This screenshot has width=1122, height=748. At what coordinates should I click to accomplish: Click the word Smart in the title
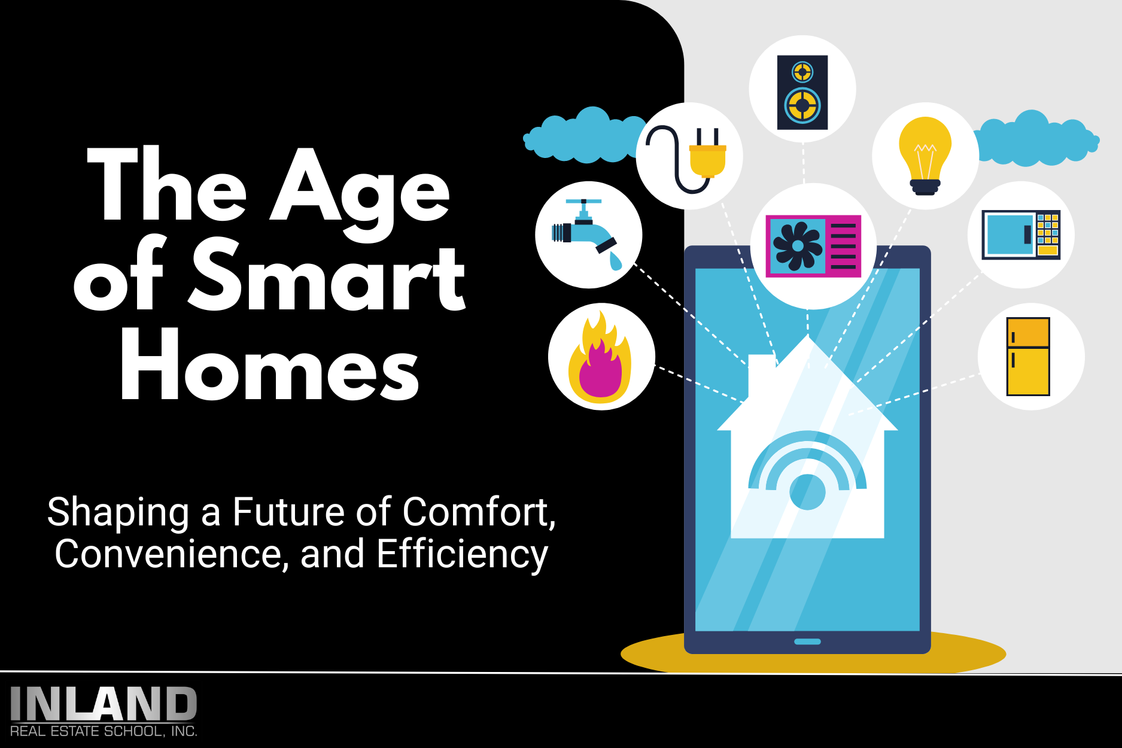click(x=328, y=276)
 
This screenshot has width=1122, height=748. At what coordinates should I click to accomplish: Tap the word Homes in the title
click(x=269, y=366)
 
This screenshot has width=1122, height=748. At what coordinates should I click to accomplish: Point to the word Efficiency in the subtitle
click(x=462, y=554)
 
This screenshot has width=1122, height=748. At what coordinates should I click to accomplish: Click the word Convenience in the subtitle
click(x=168, y=554)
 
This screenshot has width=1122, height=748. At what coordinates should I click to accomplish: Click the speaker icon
click(x=802, y=92)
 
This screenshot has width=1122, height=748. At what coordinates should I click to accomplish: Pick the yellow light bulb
click(x=925, y=153)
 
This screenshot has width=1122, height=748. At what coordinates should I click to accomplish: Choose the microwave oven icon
click(x=1021, y=235)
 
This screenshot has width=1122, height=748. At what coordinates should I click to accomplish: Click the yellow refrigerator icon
click(x=1028, y=357)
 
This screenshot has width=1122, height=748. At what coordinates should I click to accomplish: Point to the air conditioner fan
click(x=797, y=246)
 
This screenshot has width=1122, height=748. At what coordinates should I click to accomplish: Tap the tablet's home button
click(x=807, y=641)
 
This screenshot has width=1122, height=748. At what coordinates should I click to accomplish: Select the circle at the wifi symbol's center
click(x=807, y=492)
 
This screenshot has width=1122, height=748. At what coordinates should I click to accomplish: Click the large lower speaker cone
click(x=802, y=106)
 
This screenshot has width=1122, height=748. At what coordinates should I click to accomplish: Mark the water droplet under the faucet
click(x=615, y=261)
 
